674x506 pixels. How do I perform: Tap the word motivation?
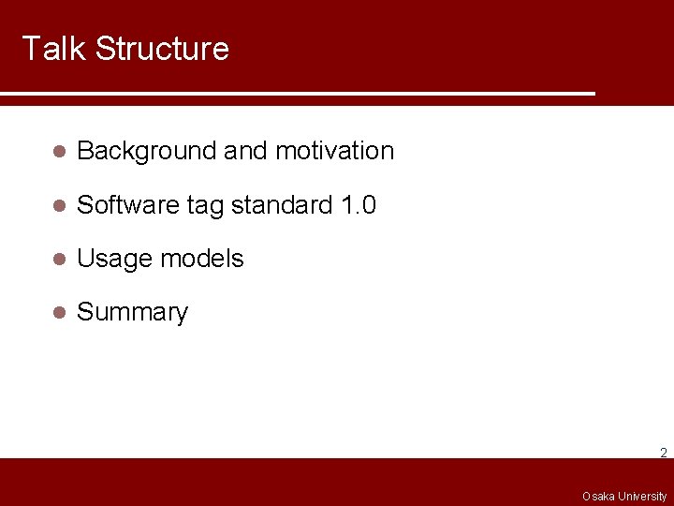[x=334, y=151]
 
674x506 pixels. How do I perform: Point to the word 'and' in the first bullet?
[x=246, y=151]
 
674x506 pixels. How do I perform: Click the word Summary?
[x=132, y=313]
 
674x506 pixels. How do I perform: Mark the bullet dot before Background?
[x=58, y=152]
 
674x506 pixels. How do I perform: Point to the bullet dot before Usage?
[x=58, y=260]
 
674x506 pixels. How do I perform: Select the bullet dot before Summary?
[x=58, y=313]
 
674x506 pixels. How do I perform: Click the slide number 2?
[x=663, y=453]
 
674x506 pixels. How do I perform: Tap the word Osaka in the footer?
[x=598, y=496]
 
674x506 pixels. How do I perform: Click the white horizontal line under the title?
[x=297, y=95]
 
